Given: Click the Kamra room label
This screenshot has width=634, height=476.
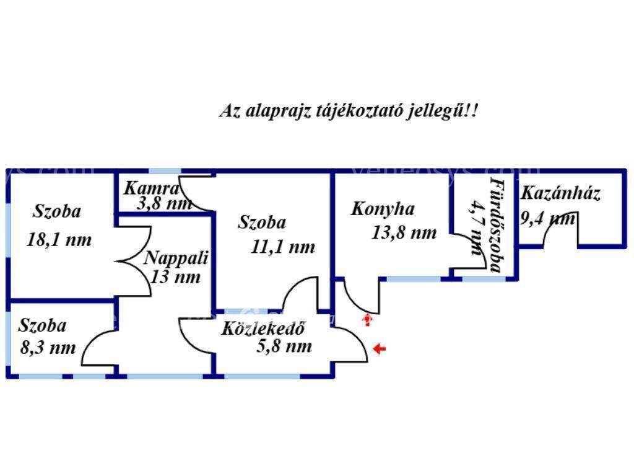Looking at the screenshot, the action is (152, 188).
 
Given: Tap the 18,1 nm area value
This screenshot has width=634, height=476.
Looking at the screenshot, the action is (59, 240).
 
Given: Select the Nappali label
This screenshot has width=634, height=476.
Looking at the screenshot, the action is (176, 258).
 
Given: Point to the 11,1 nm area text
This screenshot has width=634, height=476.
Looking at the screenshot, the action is (282, 247).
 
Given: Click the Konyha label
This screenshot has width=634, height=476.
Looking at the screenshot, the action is (383, 209).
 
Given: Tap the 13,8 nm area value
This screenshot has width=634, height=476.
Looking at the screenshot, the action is (404, 232).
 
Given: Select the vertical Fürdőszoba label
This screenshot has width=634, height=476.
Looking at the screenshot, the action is (495, 225).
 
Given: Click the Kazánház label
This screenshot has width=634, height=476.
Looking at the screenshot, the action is (560, 193).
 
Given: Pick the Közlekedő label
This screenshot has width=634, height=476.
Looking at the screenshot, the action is (263, 328).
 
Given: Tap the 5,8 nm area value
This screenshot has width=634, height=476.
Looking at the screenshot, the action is (284, 346).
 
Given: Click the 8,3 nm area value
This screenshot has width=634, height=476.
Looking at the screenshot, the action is (48, 348).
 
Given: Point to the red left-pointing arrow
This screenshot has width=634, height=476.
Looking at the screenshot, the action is (379, 348).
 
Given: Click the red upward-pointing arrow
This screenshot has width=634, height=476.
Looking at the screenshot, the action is (367, 320).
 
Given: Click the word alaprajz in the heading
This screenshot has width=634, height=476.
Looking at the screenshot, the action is (278, 110).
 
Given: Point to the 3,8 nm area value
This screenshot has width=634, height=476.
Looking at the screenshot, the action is (164, 203).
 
